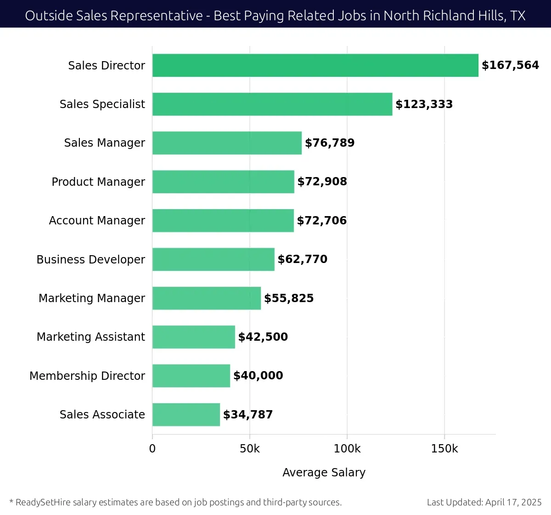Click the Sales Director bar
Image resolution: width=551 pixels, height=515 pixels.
tap(315, 65)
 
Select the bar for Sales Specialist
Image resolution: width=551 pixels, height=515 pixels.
tap(272, 104)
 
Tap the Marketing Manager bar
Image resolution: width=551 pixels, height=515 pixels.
tap(207, 298)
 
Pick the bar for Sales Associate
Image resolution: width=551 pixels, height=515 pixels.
tap(186, 414)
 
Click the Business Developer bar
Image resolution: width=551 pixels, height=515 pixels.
tap(214, 259)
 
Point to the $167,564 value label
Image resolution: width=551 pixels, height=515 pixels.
tap(510, 65)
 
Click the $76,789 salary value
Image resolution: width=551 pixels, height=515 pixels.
tap(330, 143)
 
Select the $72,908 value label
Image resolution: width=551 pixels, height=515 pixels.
tap(322, 182)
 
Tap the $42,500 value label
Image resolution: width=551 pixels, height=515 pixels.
tap(263, 337)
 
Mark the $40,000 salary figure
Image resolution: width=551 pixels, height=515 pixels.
tap(258, 376)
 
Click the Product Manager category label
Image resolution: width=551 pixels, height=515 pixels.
tap(98, 182)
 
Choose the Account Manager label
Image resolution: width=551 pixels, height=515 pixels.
tap(97, 221)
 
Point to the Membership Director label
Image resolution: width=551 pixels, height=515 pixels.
tap(87, 376)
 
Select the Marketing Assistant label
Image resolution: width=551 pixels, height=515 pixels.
tap(91, 337)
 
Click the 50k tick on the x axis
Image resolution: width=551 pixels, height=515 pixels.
tap(250, 449)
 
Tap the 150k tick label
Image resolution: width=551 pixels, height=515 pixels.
tap(444, 449)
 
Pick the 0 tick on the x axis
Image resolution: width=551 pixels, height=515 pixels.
tap(152, 449)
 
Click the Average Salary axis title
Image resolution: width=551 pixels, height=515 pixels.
tap(324, 473)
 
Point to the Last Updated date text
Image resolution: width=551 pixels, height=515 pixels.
tap(484, 502)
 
